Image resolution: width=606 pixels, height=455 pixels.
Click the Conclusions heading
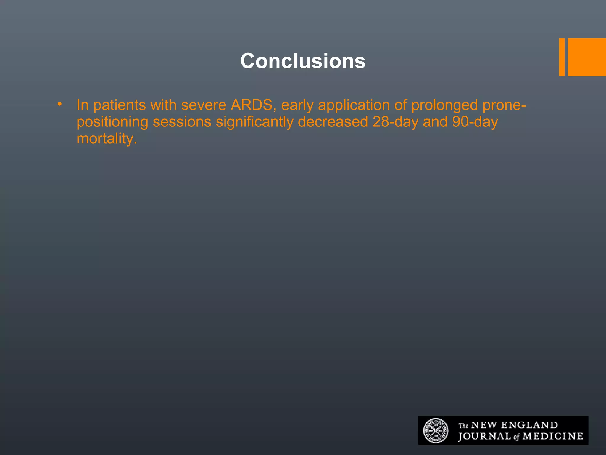(303, 61)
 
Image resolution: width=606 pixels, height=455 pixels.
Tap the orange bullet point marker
(60, 104)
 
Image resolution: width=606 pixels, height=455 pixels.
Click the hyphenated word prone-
(504, 105)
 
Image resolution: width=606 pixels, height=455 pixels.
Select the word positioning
(112, 122)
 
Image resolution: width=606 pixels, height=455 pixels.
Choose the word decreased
(333, 122)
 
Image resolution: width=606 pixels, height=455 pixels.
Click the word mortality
(107, 139)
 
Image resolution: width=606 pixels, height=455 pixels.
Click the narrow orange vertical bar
(562, 57)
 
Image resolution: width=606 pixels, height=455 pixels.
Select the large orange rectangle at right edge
(587, 57)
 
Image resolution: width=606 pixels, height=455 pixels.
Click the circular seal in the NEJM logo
(436, 431)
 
